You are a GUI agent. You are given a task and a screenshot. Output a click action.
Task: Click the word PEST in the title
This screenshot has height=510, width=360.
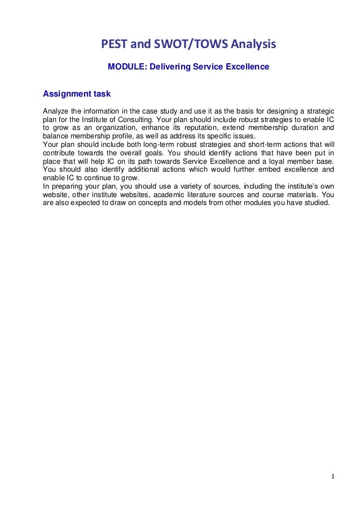(x=112, y=43)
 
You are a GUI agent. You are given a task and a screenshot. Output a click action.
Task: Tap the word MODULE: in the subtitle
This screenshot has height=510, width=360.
(x=126, y=67)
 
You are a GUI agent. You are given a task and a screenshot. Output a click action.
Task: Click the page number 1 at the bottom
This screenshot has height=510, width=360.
(x=332, y=476)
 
